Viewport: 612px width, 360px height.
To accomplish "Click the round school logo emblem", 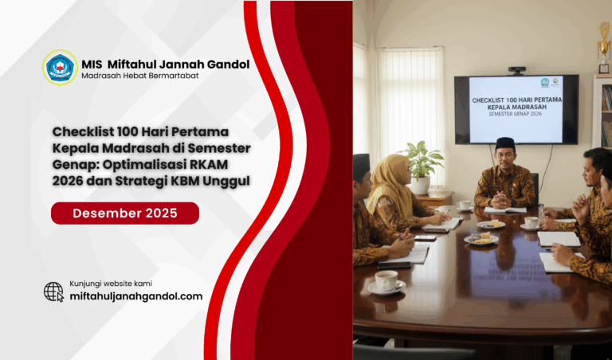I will pos(60,68).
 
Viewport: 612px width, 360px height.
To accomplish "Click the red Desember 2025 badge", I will pos(125,213).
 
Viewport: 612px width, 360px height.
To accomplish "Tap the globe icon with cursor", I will pos(54,292).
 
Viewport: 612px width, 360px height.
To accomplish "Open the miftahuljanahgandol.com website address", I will pos(142,295).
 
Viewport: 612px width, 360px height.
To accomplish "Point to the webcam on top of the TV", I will pos(516,71).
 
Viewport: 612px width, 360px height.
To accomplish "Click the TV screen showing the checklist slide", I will pos(516,108).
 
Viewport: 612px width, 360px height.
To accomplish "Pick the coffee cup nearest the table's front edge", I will pos(387,280).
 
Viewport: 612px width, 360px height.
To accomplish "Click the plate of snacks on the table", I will pos(481,238).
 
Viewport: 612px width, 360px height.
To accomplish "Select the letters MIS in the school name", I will pos(94,64).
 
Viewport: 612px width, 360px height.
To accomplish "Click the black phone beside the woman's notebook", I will pos(426,237).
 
